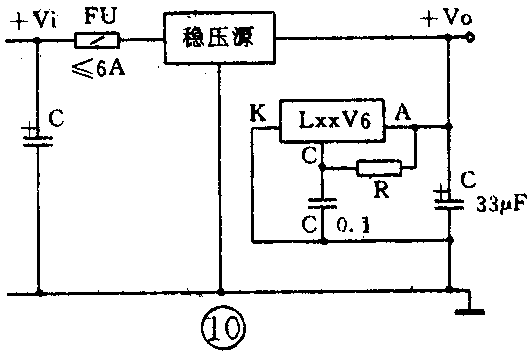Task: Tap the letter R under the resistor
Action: click(378, 189)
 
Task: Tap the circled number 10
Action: click(219, 325)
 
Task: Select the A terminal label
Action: click(403, 110)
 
